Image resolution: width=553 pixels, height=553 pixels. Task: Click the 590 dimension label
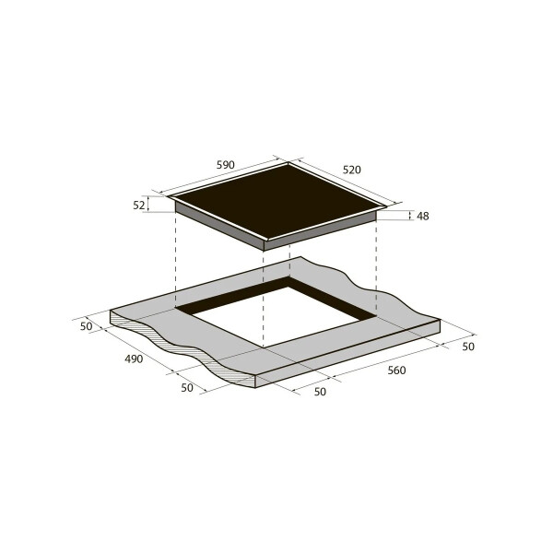tap(226, 165)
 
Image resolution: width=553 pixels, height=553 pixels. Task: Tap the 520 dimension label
tap(352, 170)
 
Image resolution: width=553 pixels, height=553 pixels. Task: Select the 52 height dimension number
tap(139, 206)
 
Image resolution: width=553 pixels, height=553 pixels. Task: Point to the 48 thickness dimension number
tap(423, 217)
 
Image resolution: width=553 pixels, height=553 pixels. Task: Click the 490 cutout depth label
tap(134, 359)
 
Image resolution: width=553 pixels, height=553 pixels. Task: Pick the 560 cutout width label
tap(396, 371)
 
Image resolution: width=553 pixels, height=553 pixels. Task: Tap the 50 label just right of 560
tap(468, 347)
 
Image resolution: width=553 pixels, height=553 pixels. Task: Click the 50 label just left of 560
tap(320, 392)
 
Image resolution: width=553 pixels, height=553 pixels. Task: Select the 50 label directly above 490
tap(86, 326)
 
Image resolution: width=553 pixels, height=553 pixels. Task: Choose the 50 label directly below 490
tap(187, 388)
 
